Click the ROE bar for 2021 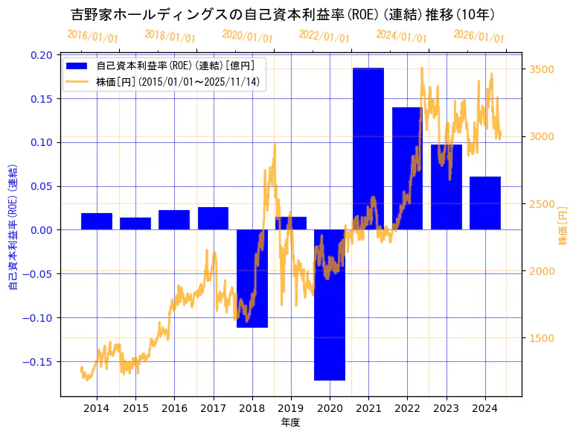coord(368,149)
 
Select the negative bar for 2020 coord(330,305)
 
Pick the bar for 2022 coord(407,168)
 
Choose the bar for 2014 coord(97,221)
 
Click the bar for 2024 coord(485,203)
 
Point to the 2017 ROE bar coord(213,218)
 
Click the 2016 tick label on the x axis coord(174,408)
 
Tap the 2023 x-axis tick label coord(446,408)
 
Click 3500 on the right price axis coord(541,69)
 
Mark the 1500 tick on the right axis coord(541,338)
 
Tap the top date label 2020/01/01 coord(248,36)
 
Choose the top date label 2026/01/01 coord(479,36)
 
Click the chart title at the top coord(283,14)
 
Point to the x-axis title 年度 coord(290,422)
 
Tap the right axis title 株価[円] coord(563,226)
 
